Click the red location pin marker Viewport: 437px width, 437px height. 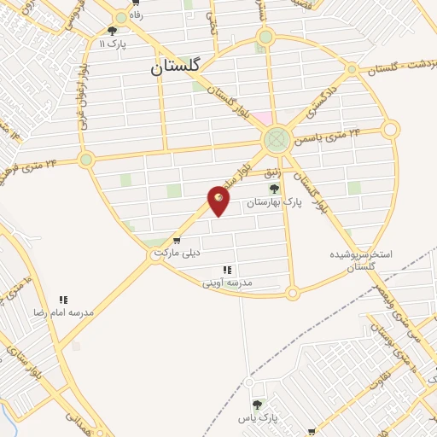(218, 201)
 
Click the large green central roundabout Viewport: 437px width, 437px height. (276, 139)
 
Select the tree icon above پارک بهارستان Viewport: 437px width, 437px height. (274, 189)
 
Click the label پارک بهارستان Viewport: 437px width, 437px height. (275, 203)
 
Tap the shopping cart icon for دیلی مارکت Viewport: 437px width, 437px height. (177, 241)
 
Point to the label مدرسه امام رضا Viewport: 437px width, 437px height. (65, 313)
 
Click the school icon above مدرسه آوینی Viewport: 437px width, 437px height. (227, 269)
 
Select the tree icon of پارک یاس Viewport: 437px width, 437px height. (257, 405)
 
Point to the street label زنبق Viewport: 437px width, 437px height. (272, 172)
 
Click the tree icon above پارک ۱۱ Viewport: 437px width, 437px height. (112, 31)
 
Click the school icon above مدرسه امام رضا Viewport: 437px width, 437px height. (63, 300)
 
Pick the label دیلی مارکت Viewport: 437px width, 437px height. (177, 253)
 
